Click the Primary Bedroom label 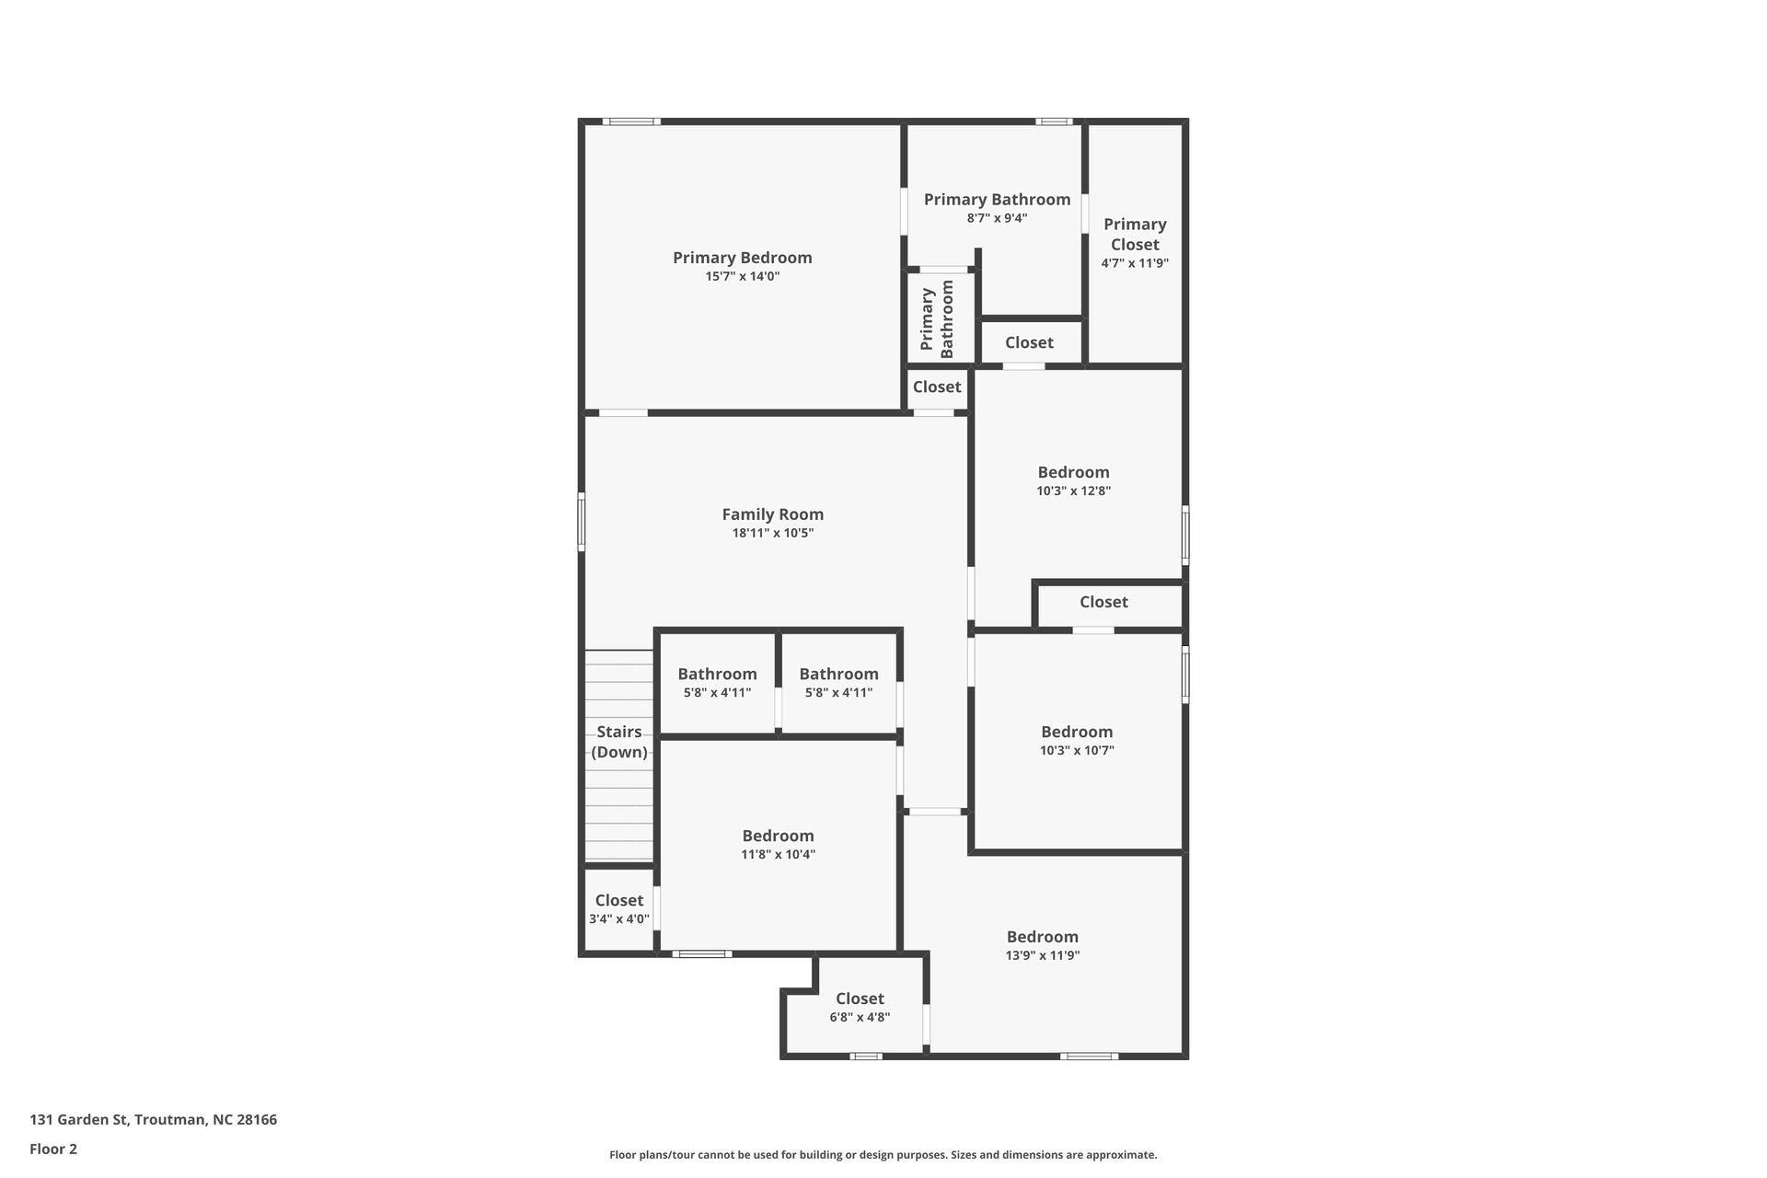[x=742, y=258]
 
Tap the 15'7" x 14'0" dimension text [x=742, y=276]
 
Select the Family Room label [x=772, y=514]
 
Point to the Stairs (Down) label [x=618, y=742]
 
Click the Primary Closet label [x=1135, y=234]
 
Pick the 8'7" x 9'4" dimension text [x=997, y=218]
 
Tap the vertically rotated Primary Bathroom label [x=937, y=318]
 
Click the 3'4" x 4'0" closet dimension [x=618, y=918]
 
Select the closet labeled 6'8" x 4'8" [x=860, y=1007]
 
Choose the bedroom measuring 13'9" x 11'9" [x=1042, y=945]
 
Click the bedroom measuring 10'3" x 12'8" [x=1073, y=480]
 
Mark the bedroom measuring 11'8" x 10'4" [x=778, y=844]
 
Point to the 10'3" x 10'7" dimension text [x=1077, y=750]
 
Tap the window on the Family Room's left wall [x=581, y=522]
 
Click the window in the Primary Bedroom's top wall [x=631, y=121]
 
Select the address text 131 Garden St [x=153, y=1119]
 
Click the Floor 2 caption [x=53, y=1149]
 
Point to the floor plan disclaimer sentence [x=883, y=1154]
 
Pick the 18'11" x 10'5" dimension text [x=772, y=533]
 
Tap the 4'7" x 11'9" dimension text [x=1135, y=263]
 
